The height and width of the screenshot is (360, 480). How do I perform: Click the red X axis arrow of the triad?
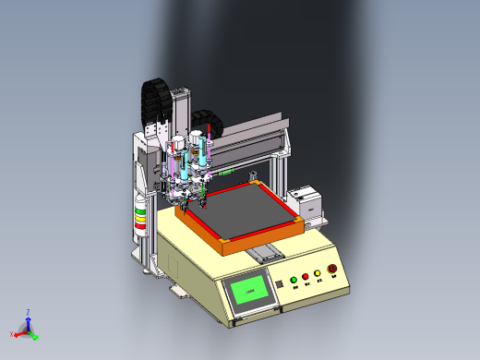[x=16, y=332]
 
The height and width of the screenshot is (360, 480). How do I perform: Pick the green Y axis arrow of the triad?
[x=34, y=336]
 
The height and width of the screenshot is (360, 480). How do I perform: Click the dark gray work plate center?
[x=247, y=211]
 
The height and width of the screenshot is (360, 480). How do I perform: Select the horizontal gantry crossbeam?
[x=249, y=138]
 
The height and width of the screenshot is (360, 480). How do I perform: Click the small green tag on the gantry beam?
[x=223, y=170]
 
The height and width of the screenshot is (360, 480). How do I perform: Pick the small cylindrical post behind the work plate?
[x=250, y=177]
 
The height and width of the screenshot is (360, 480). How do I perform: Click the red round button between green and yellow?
[x=306, y=277]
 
